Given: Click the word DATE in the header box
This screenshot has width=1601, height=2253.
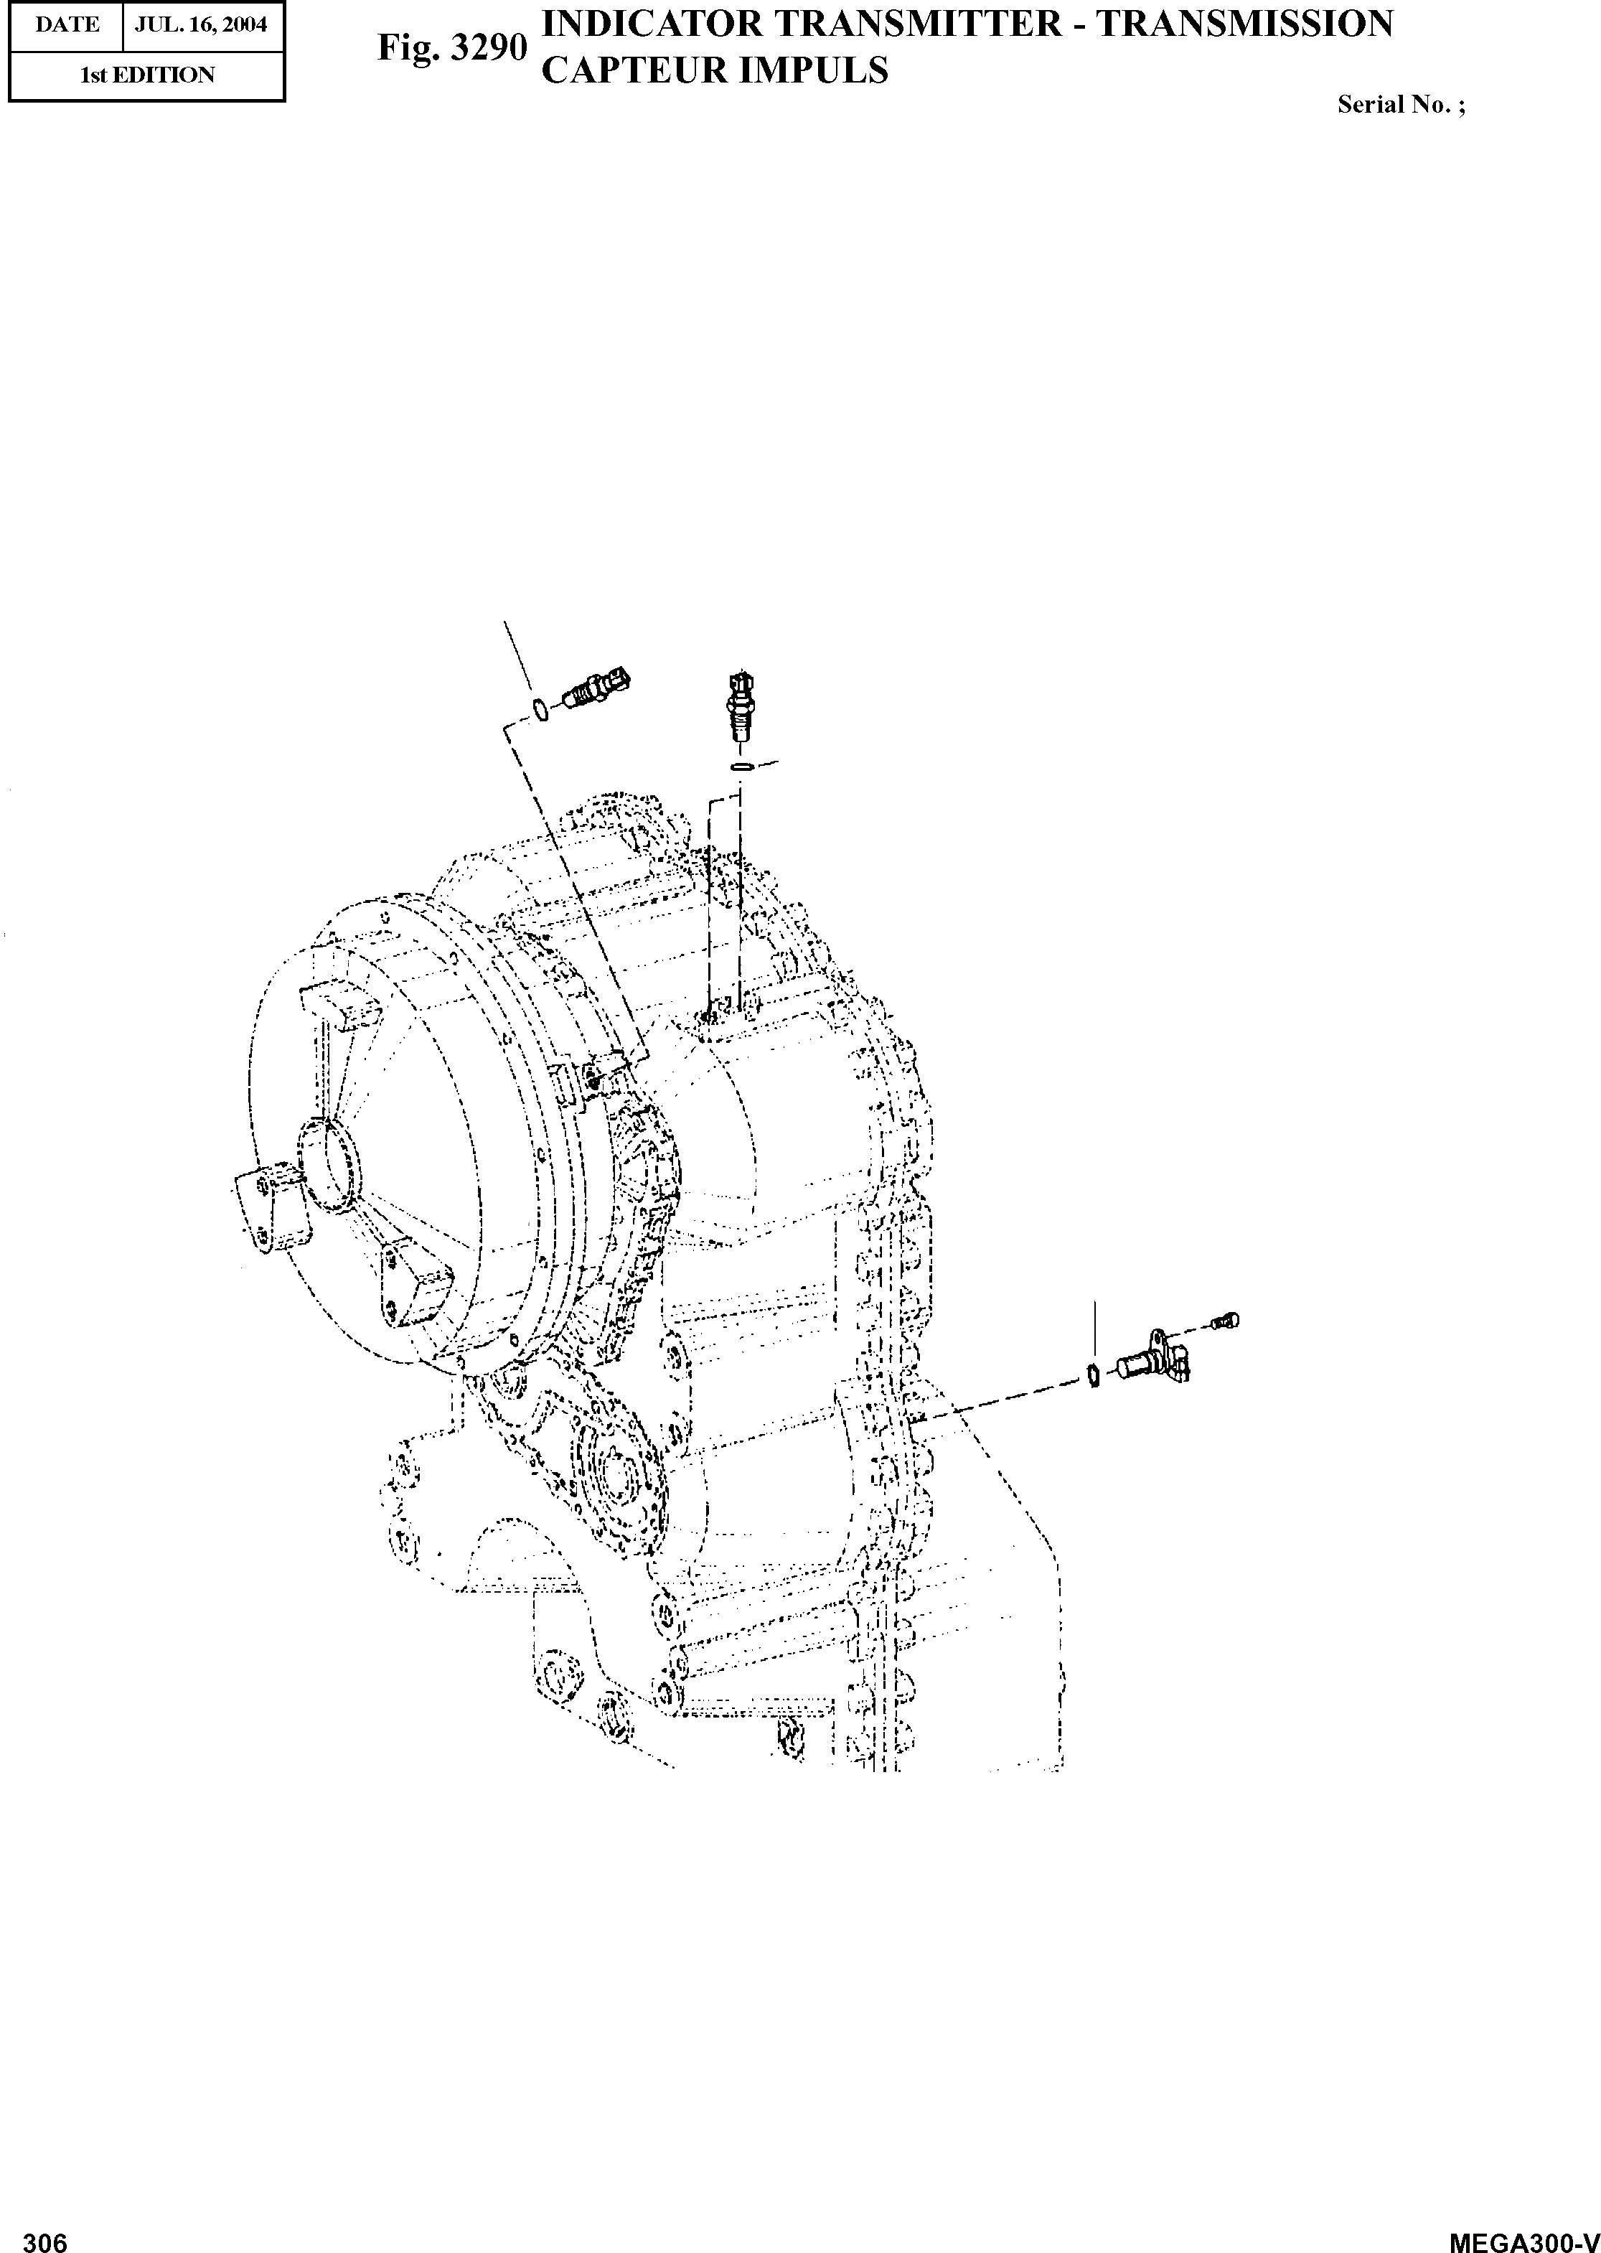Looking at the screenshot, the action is (x=67, y=24).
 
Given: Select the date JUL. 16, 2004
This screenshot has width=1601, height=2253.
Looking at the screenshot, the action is (x=201, y=24).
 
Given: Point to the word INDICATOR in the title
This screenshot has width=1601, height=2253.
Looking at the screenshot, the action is (x=652, y=24).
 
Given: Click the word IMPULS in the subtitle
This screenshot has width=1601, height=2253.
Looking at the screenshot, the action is (x=824, y=71).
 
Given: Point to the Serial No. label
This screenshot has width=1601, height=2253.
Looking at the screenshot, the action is (x=1400, y=106).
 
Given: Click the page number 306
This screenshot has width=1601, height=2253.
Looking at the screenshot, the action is (x=44, y=2234).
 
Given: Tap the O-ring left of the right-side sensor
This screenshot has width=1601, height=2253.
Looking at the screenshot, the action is (x=1092, y=1374).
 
